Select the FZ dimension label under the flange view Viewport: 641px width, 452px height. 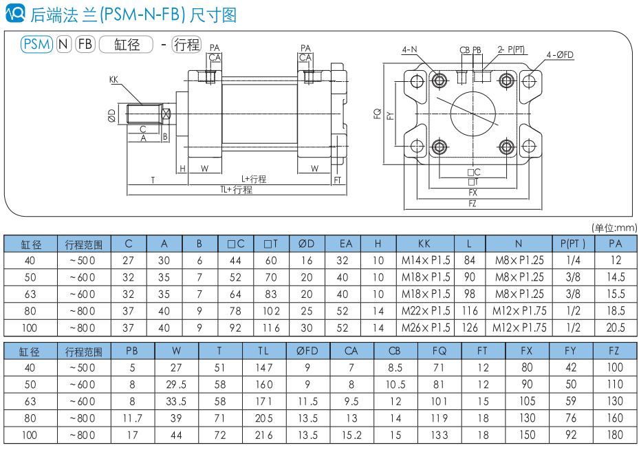[x=472, y=204]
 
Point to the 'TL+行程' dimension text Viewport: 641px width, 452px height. [x=236, y=189]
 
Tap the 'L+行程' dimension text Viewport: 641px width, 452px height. [x=254, y=179]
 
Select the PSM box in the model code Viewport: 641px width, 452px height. [x=37, y=45]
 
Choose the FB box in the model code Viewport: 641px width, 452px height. [x=85, y=45]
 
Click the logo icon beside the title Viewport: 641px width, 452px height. [x=14, y=12]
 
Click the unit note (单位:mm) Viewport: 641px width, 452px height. [x=614, y=228]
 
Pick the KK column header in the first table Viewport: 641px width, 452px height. [x=424, y=244]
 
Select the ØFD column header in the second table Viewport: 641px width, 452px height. [x=307, y=351]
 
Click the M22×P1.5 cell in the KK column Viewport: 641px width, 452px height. [x=425, y=311]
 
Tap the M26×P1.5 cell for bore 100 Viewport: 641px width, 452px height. [x=425, y=327]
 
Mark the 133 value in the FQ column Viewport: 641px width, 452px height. [x=439, y=435]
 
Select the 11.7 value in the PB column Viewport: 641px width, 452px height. [x=132, y=418]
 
